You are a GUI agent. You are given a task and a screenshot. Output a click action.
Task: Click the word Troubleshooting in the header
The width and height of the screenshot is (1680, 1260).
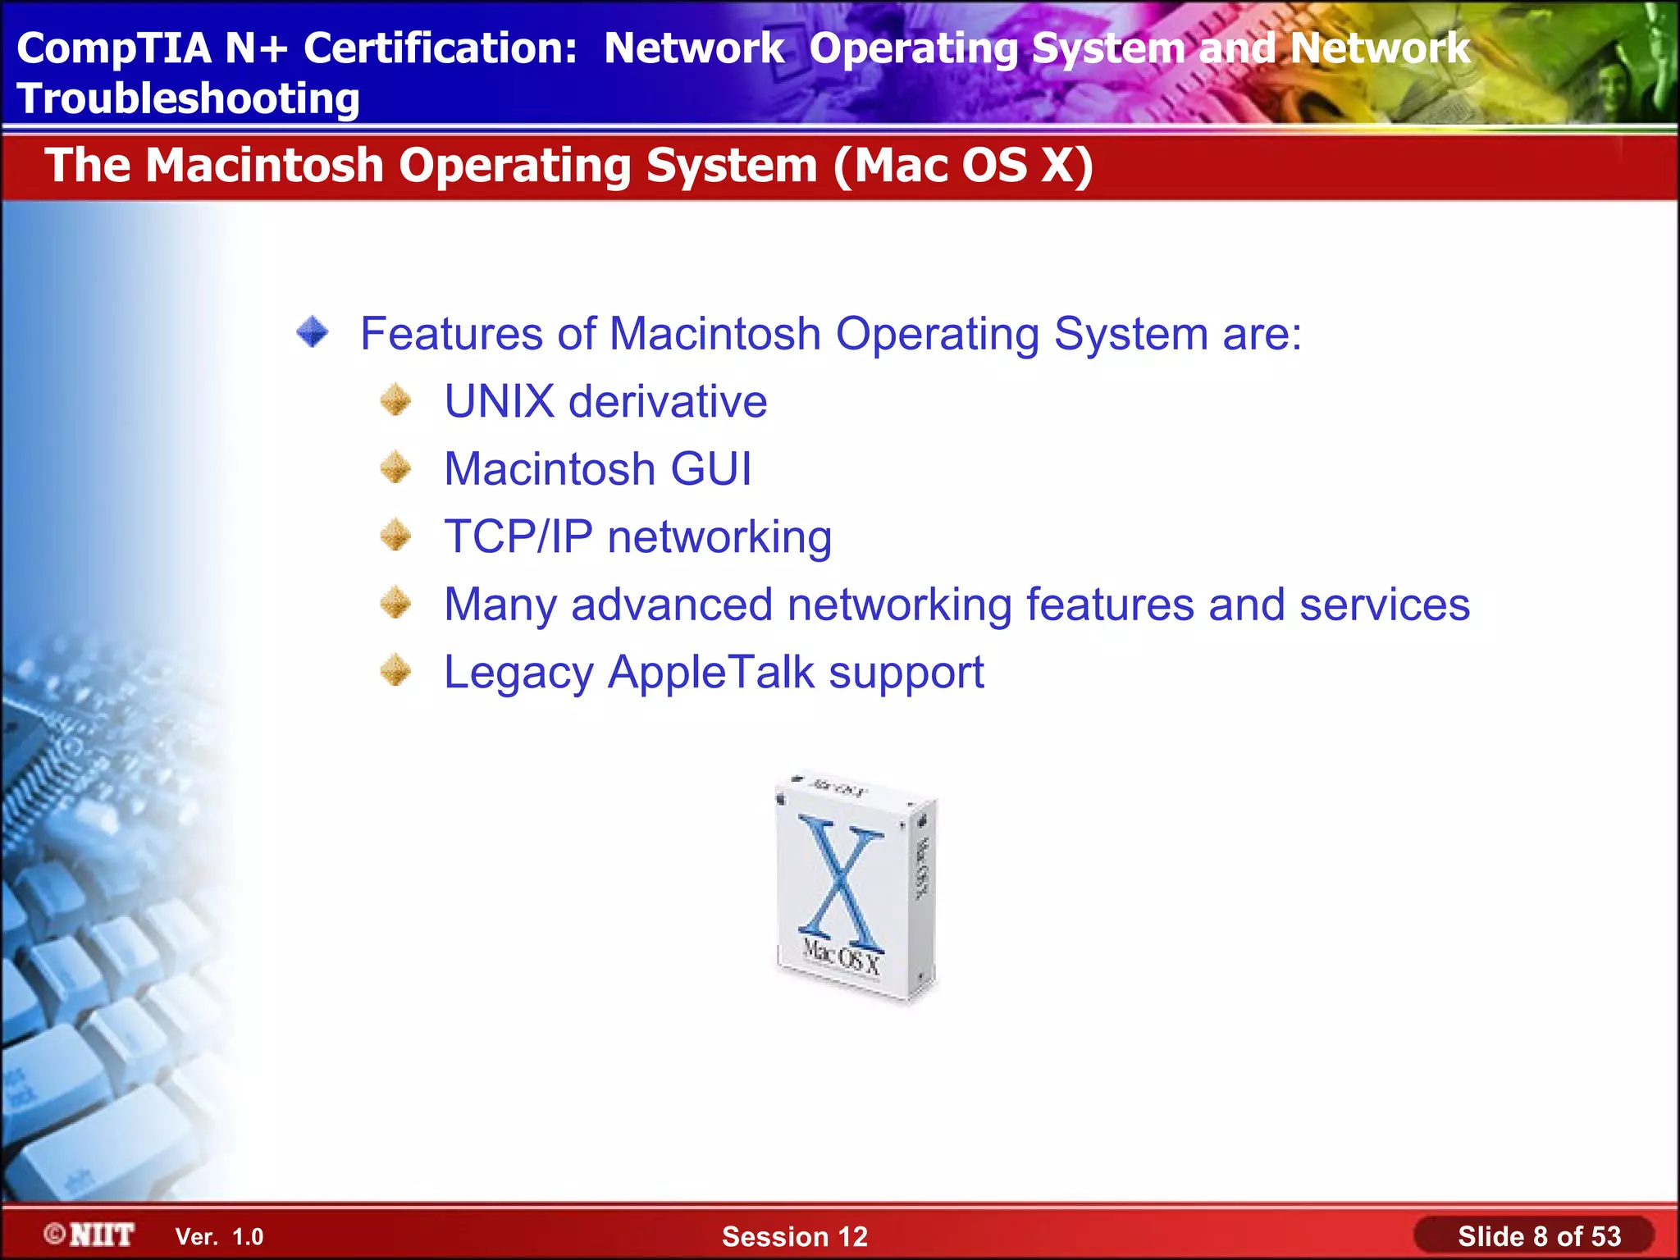point(188,99)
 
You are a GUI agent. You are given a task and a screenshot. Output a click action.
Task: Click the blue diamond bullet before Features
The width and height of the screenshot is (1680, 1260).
point(313,332)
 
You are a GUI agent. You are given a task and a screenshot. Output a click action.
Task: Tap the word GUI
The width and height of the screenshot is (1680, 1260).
point(710,469)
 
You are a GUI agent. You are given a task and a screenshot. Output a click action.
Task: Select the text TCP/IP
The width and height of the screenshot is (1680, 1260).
point(518,536)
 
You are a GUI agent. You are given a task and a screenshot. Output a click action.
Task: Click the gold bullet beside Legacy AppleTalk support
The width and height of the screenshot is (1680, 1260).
point(396,670)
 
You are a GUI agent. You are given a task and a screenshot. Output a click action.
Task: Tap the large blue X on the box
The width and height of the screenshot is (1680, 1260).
point(841,883)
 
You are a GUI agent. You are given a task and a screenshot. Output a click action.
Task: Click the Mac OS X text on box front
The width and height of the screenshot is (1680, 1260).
point(841,956)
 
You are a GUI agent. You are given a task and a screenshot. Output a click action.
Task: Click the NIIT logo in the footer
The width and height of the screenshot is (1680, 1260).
point(91,1235)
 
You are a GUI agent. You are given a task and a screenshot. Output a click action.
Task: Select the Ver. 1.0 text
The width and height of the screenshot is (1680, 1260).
point(219,1237)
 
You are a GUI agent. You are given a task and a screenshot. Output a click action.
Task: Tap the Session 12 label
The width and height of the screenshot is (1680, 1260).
point(794,1236)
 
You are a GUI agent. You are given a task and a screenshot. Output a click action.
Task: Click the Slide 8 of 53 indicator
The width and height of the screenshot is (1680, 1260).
point(1539,1236)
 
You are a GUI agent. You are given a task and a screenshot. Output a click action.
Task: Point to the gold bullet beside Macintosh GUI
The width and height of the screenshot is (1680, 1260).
point(396,468)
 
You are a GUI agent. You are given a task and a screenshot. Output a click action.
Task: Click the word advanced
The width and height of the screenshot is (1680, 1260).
point(672,605)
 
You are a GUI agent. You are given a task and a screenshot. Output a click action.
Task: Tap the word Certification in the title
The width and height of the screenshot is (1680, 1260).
point(441,48)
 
